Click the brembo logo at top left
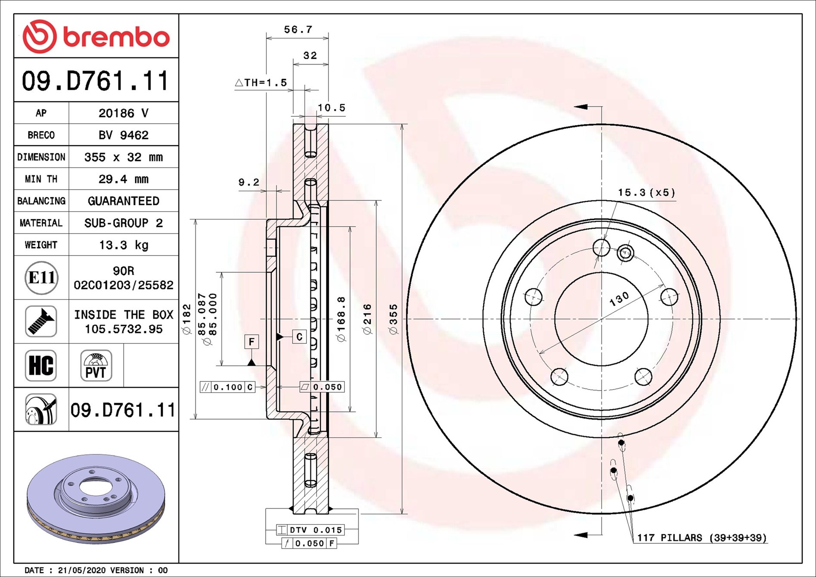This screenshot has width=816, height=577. coord(96,37)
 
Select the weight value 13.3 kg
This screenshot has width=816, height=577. coord(124,245)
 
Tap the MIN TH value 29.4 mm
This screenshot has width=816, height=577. coord(124,179)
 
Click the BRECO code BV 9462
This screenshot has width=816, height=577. coord(124,135)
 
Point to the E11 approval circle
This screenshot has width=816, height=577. coord(41,278)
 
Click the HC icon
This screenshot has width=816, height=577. coord(41,365)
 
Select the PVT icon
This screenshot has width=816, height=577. coord(96,365)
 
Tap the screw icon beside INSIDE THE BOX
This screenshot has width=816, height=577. coord(41,321)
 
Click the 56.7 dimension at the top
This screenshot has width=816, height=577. coord(298,30)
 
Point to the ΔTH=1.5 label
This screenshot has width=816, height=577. coord(261,83)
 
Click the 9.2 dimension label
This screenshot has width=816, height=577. coord(249,182)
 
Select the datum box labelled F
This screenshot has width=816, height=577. coord(252,342)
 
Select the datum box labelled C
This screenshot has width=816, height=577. coord(300,337)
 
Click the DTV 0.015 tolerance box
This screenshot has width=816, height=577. coord(311,530)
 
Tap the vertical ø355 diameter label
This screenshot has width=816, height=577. coord(393,319)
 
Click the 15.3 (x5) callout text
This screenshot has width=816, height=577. coord(647,193)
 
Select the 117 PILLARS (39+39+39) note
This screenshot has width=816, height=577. coord(702,538)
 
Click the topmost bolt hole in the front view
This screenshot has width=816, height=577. coord(601,248)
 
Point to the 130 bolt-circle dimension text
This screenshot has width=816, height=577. coord(619,299)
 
